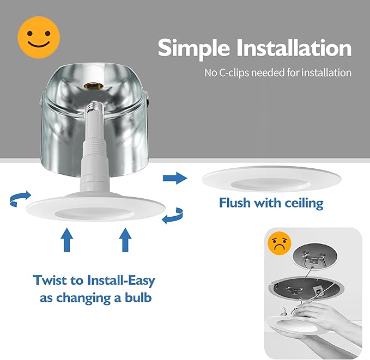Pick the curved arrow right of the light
point(173,215)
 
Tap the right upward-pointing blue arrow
point(126,240)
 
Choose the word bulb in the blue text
point(136,298)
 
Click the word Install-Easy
point(122,280)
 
